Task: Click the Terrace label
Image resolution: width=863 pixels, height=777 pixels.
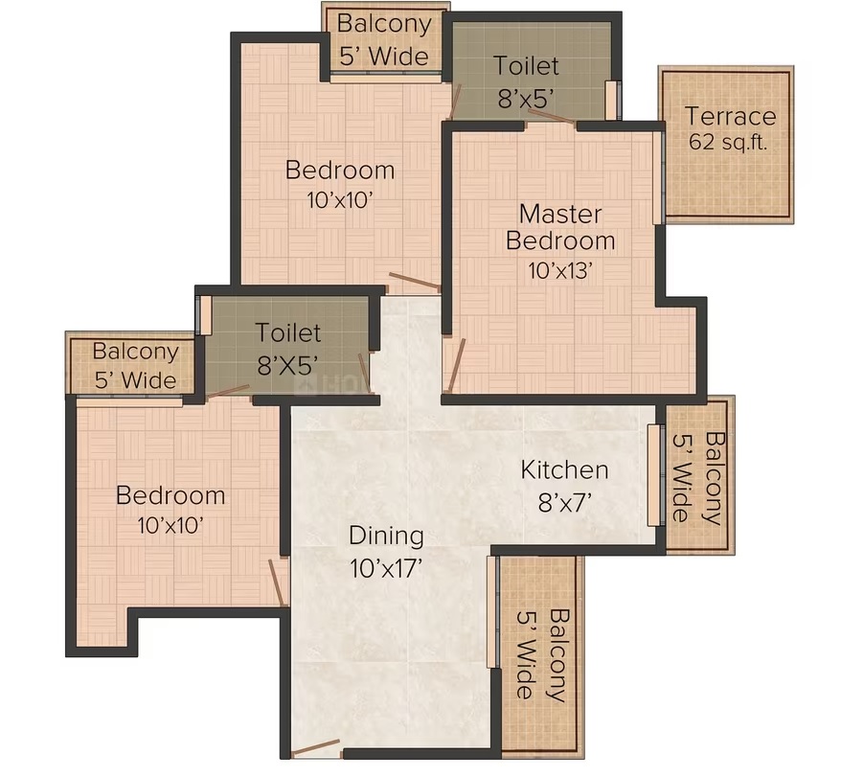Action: [x=730, y=116]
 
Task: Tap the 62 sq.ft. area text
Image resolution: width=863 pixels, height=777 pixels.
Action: [x=728, y=142]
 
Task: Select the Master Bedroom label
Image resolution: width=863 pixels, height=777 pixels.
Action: [x=560, y=227]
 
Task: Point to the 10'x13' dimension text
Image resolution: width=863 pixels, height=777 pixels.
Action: [x=560, y=271]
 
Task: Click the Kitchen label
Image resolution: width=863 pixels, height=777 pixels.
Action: [x=565, y=470]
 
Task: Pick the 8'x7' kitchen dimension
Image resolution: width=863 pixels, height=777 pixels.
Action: [x=565, y=502]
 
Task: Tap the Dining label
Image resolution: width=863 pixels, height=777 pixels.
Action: [x=386, y=537]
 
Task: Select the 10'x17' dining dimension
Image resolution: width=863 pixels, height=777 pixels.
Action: [x=386, y=568]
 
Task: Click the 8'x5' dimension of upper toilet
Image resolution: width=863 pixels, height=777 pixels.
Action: [x=526, y=99]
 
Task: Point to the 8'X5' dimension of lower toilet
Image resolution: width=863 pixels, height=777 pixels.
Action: [x=288, y=364]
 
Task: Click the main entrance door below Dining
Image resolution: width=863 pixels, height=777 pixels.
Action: [x=315, y=748]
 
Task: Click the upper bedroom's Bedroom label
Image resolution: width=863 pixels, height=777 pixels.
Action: [x=340, y=171]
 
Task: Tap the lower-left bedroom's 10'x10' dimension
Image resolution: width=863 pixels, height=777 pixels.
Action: [x=170, y=526]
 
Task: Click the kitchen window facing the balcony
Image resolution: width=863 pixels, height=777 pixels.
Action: [x=653, y=475]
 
